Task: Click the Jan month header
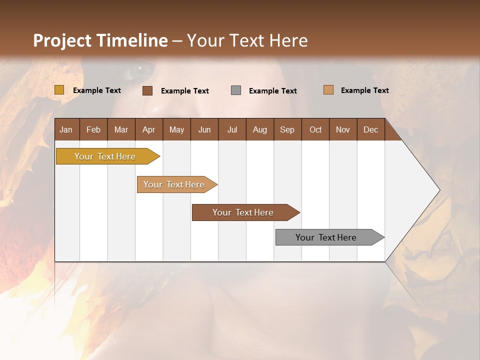click(66, 130)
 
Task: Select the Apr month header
click(148, 130)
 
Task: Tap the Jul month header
click(232, 130)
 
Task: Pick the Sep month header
click(287, 130)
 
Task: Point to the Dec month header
click(370, 130)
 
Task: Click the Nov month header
click(342, 130)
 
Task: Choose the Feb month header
click(93, 130)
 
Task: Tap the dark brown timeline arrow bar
click(243, 212)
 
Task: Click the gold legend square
click(59, 90)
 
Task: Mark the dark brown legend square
click(147, 90)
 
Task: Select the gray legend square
click(236, 90)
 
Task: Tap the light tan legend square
click(328, 90)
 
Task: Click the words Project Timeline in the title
click(100, 40)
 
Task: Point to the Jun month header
click(204, 130)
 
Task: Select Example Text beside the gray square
click(272, 91)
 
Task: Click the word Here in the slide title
click(288, 40)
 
